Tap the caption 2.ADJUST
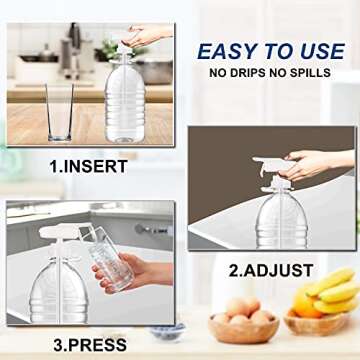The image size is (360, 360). tap(270, 270)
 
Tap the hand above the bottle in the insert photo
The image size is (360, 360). tap(150, 36)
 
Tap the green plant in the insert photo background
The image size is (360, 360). tap(109, 48)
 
